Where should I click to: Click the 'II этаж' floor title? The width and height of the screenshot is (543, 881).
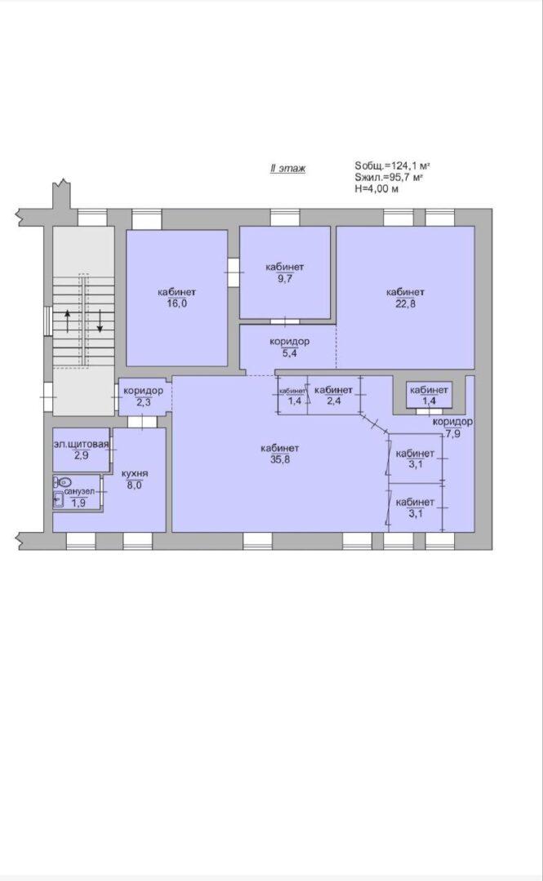pyautogui.click(x=287, y=168)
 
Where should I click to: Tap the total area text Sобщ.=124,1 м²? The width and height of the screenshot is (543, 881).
pyautogui.click(x=392, y=166)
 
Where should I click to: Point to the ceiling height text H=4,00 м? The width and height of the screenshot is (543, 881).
pyautogui.click(x=376, y=189)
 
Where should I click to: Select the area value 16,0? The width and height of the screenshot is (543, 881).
pyautogui.click(x=176, y=303)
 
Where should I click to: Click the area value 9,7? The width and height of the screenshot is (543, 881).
pyautogui.click(x=285, y=278)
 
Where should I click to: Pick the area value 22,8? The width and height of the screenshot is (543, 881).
pyautogui.click(x=405, y=304)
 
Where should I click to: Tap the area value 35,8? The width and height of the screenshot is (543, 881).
pyautogui.click(x=279, y=459)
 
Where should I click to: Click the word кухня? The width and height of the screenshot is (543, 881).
pyautogui.click(x=135, y=474)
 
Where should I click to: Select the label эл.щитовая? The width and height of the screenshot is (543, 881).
pyautogui.click(x=81, y=445)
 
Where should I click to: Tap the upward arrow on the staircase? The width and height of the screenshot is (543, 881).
pyautogui.click(x=68, y=321)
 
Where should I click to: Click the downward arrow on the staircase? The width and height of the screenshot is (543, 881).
pyautogui.click(x=100, y=321)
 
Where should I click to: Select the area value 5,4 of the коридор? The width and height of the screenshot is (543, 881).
pyautogui.click(x=289, y=353)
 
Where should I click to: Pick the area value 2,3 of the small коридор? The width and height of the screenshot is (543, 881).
pyautogui.click(x=143, y=401)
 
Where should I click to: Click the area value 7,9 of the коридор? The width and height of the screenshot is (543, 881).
pyautogui.click(x=452, y=433)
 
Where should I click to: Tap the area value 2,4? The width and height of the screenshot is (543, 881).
pyautogui.click(x=334, y=401)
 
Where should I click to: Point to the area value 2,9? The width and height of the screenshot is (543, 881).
pyautogui.click(x=81, y=456)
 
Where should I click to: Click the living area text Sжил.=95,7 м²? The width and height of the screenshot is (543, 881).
pyautogui.click(x=389, y=178)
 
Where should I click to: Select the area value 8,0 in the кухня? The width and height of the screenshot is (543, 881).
pyautogui.click(x=135, y=485)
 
